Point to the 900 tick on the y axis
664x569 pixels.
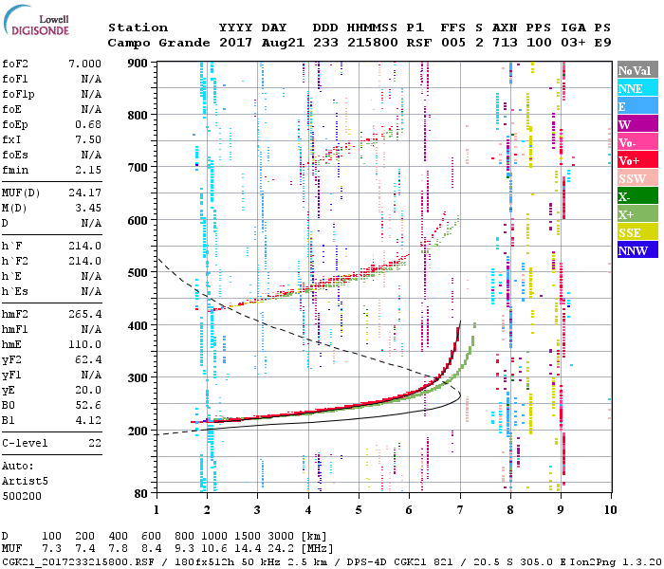(141, 63)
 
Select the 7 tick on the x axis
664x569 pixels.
(460, 508)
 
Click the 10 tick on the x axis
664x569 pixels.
(608, 508)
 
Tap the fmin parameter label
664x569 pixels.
(15, 170)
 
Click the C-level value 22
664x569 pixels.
(94, 443)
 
